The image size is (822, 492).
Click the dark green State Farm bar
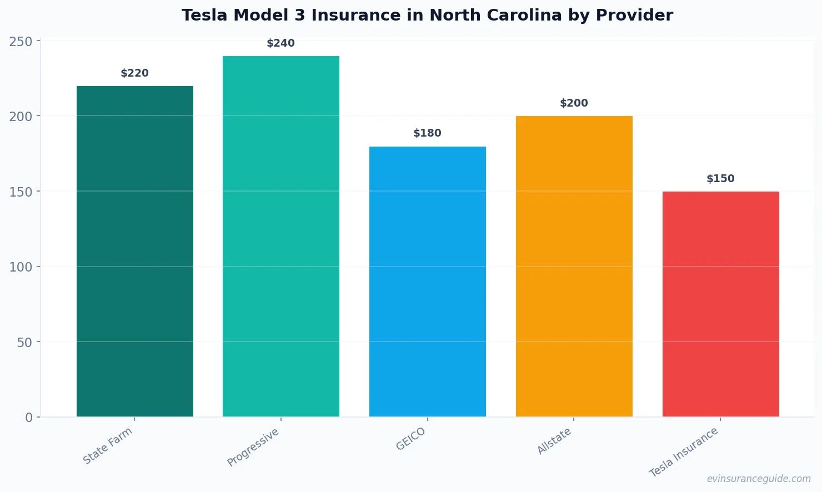[135, 251]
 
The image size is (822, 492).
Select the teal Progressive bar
[281, 236]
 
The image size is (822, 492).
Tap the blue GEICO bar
[428, 282]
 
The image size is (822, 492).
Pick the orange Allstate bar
[574, 266]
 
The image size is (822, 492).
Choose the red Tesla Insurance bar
[720, 304]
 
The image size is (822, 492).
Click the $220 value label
[135, 73]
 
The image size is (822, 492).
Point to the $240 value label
[281, 43]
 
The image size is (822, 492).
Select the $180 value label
[428, 133]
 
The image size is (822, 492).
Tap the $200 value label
[574, 103]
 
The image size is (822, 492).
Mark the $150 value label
[720, 179]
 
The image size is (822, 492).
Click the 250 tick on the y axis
[21, 42]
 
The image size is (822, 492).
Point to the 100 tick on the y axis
[21, 267]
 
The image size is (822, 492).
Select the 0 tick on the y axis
[29, 418]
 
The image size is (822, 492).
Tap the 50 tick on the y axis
[24, 343]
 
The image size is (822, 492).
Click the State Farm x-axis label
[108, 446]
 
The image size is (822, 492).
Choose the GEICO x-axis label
[411, 439]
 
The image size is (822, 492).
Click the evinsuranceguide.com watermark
[759, 479]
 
